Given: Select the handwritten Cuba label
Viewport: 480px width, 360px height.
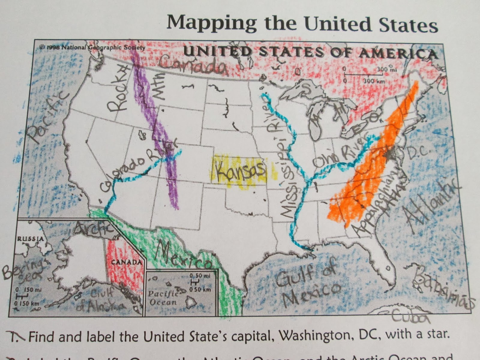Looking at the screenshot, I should pyautogui.click(x=409, y=317).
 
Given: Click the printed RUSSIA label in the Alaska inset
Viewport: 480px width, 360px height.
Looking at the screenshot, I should pyautogui.click(x=31, y=239).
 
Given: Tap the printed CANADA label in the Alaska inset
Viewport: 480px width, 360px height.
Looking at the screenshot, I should pyautogui.click(x=126, y=262).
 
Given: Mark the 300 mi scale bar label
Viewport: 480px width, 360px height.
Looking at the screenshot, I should pyautogui.click(x=387, y=70).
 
